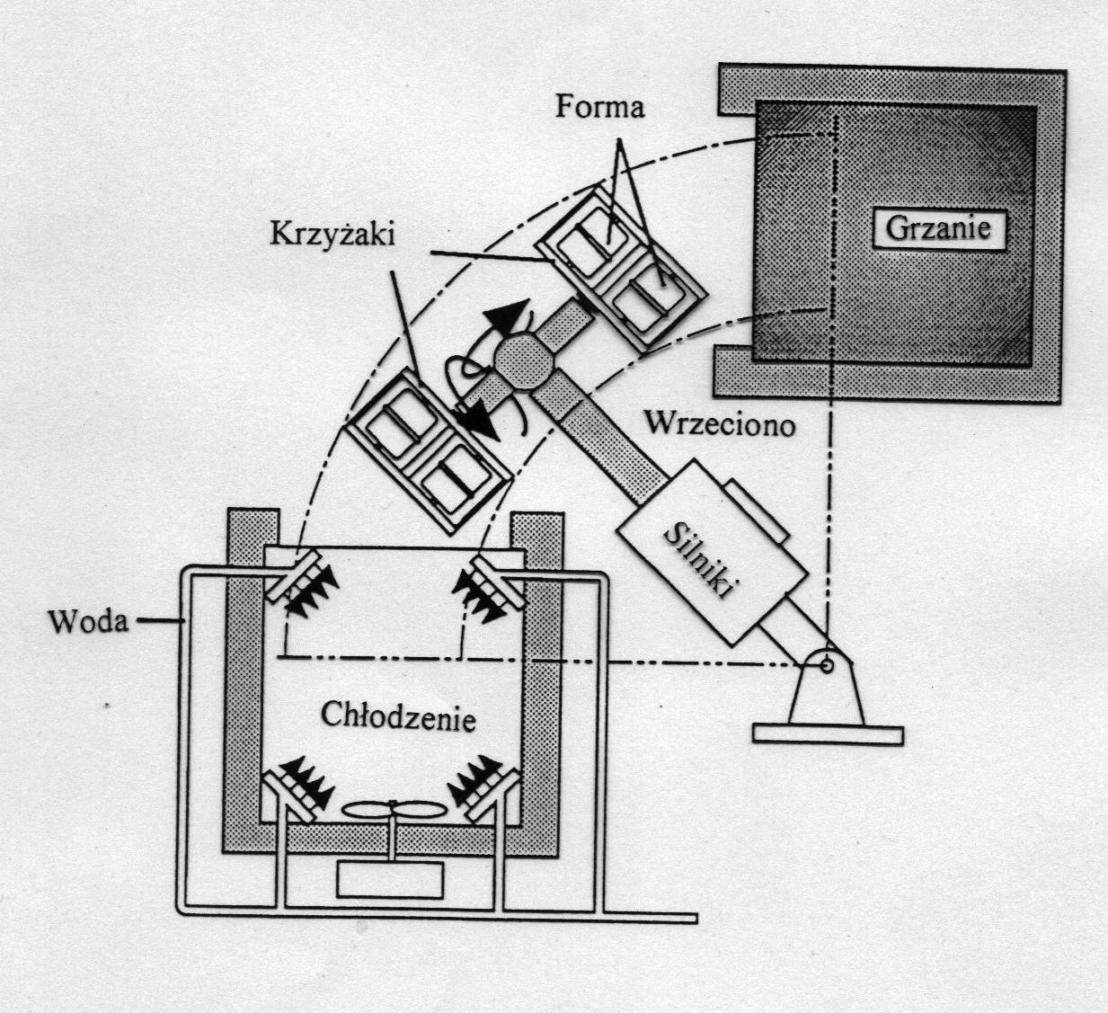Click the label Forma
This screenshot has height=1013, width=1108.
599,107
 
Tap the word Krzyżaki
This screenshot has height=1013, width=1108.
332,234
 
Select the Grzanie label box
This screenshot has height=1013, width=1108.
937,227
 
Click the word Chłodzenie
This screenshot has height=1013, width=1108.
398,719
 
